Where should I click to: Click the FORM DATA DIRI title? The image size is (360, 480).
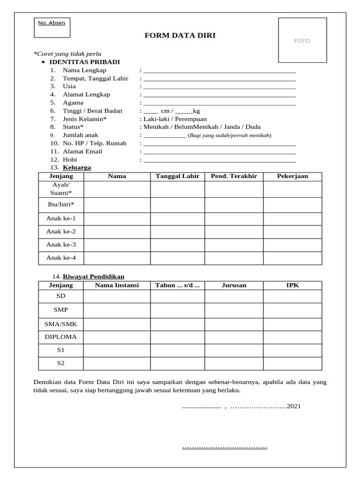pos(180,35)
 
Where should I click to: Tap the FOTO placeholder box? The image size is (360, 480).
pos(302,41)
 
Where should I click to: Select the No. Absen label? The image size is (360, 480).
pos(52,22)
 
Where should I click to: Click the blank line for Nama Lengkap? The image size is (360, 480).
pos(219,70)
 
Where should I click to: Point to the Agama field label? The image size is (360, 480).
pos(73,103)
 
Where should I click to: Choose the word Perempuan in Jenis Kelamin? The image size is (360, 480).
pos(191,119)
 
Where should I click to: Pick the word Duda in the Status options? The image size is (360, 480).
pos(254,127)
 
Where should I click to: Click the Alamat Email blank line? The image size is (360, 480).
pos(219,151)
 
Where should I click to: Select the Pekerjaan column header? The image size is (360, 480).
pos(292,176)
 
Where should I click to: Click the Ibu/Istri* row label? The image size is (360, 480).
pos(61,205)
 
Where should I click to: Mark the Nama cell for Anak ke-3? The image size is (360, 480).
pos(117,244)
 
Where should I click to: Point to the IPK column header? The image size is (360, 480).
pos(292,285)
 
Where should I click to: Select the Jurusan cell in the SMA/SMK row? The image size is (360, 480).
pos(233,323)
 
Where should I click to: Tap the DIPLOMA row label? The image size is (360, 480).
pos(61,337)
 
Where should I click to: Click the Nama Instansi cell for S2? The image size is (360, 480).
pos(117,363)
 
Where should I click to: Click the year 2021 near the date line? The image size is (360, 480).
pos(294,406)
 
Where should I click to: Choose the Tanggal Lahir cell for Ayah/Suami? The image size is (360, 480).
pos(177,189)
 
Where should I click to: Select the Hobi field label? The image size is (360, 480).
pos(70,160)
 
